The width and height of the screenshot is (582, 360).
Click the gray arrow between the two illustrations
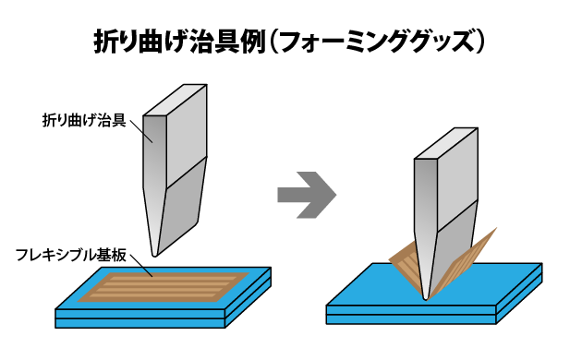(306, 195)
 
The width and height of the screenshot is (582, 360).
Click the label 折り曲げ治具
(84, 120)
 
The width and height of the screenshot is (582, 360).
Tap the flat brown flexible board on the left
(162, 286)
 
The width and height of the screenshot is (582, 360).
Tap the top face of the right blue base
(370, 286)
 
